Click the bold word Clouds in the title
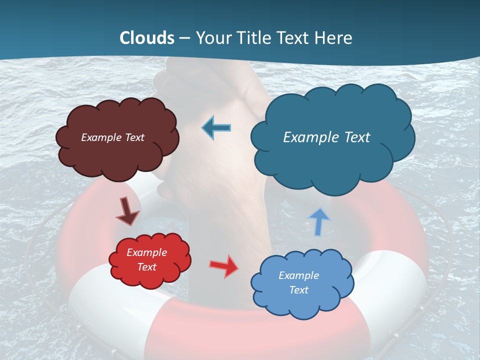click(147, 38)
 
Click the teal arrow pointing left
click(216, 127)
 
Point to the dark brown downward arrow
click(127, 210)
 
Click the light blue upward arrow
click(319, 221)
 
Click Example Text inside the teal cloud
click(326, 137)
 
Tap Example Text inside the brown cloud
click(113, 137)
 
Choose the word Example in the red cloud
click(146, 252)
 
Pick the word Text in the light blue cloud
click(299, 290)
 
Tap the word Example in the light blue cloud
click(298, 275)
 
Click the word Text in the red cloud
click(146, 267)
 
